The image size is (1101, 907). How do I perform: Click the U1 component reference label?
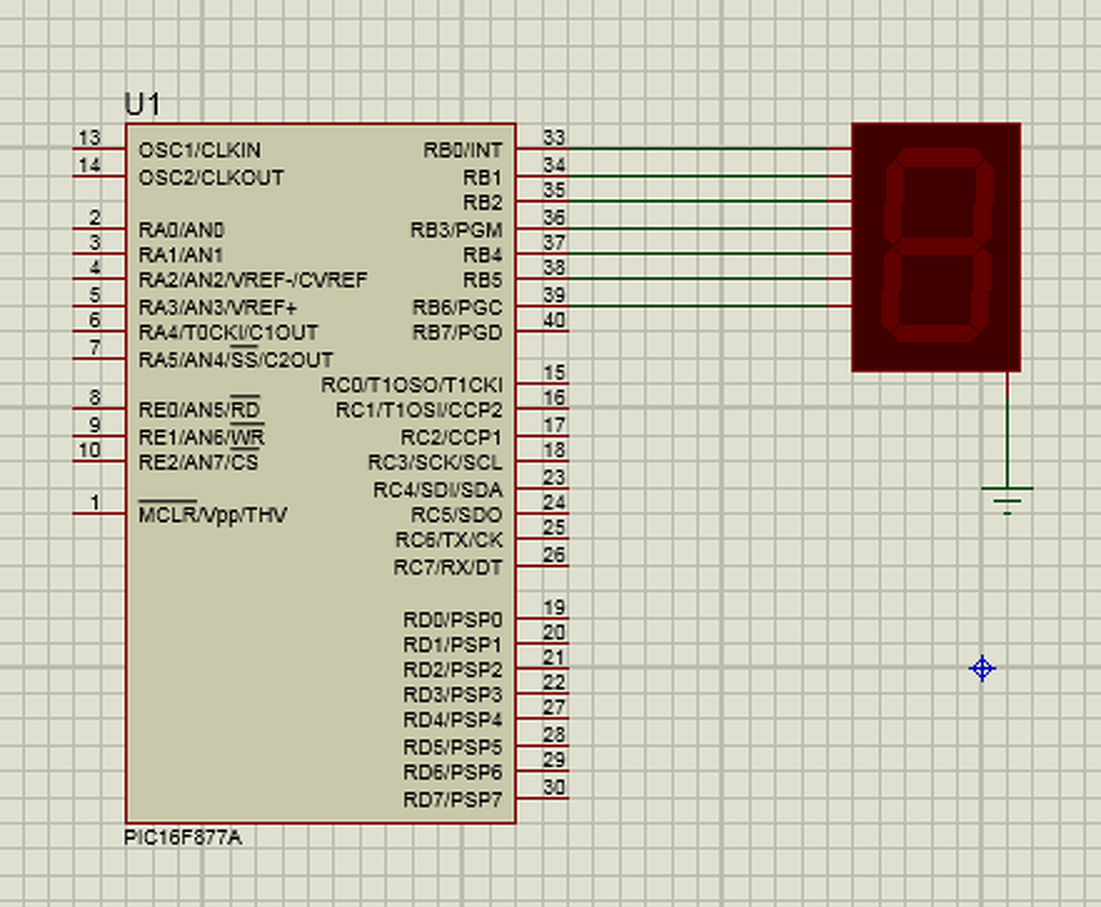142,104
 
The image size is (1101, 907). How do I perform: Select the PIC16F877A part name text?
182,838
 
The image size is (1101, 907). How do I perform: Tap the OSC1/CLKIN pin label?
199,151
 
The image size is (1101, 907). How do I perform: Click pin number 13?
89,137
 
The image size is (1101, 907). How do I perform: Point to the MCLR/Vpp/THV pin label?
212,514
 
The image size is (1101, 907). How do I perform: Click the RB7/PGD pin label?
458,332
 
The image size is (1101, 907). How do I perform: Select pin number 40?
554,320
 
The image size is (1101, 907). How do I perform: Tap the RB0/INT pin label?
463,151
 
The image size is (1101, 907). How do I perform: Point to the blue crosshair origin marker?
982,668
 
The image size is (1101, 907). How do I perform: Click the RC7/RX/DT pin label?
448,567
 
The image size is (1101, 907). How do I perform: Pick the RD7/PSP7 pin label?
452,799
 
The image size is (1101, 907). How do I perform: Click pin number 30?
554,787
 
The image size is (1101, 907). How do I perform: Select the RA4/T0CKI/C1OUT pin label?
228,332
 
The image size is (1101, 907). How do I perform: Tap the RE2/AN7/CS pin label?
198,461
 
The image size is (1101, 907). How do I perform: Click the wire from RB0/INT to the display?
684,149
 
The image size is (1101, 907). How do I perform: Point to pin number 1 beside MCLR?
95,502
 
